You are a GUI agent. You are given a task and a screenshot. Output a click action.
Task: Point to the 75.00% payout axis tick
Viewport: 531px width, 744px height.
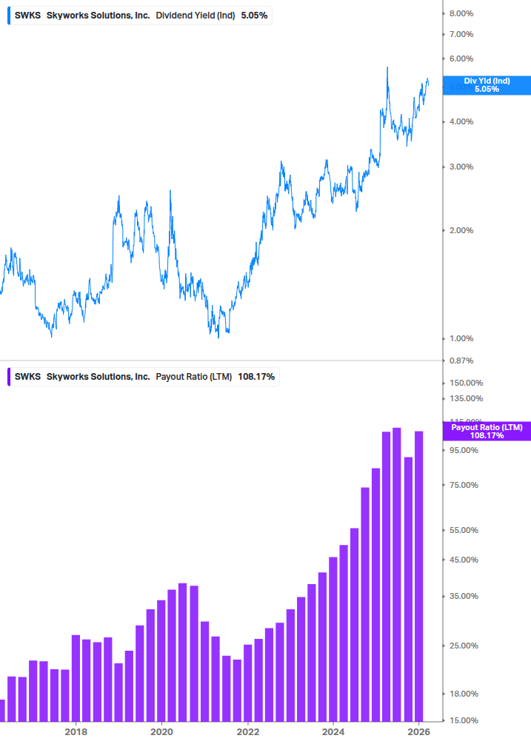(x=464, y=485)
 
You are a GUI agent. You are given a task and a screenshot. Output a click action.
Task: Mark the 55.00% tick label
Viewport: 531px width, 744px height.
(x=464, y=530)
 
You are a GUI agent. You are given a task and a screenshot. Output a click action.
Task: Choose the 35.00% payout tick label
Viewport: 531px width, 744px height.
(x=464, y=596)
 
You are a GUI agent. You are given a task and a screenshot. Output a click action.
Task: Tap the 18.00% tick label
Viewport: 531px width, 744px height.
(x=464, y=694)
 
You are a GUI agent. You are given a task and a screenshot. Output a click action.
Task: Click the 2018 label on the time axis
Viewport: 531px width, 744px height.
(x=76, y=732)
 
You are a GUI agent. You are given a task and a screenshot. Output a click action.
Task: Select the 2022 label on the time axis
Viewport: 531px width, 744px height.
(x=247, y=732)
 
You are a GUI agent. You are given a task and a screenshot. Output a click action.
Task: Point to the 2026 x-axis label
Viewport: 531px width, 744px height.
(x=419, y=732)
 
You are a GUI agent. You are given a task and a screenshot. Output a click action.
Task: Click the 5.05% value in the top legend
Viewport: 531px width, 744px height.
(x=254, y=15)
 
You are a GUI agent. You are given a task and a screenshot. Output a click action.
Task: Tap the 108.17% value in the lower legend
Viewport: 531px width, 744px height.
(x=256, y=377)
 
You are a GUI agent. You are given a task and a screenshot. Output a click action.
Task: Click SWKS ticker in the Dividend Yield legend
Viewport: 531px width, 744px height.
(x=27, y=15)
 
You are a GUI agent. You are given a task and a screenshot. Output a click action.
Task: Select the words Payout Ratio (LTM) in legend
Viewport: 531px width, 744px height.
(x=194, y=377)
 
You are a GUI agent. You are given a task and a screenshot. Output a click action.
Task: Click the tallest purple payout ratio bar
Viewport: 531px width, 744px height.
(x=397, y=574)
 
